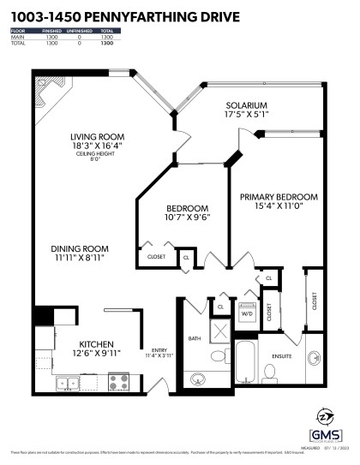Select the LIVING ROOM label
coord(98,135)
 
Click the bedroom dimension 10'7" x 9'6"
coord(187,218)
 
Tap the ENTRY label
coord(159,349)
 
